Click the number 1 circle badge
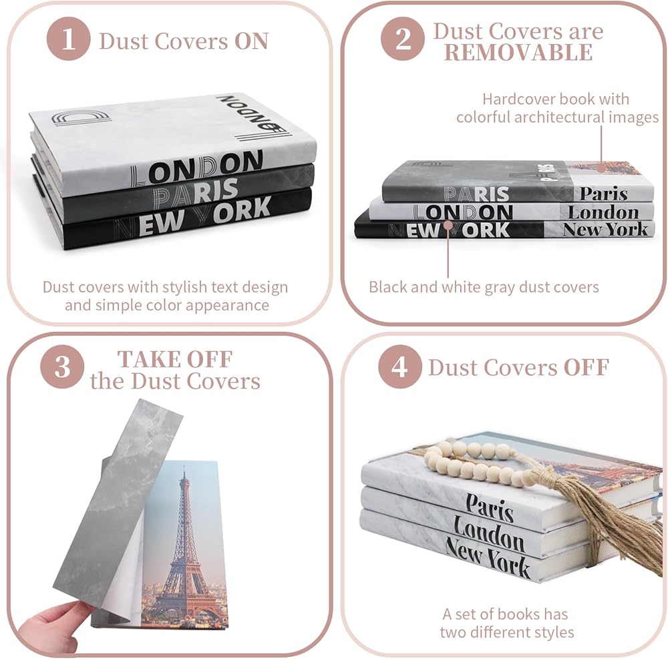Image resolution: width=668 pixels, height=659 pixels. [69, 40]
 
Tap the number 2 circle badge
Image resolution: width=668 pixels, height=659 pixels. [403, 40]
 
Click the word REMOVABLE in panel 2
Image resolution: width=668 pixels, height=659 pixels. [518, 53]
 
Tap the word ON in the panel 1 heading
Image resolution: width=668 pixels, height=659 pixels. [251, 41]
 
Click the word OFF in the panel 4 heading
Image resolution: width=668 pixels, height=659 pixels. [586, 367]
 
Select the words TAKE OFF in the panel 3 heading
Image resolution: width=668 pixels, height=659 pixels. [175, 359]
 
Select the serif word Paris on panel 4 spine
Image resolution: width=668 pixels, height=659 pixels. [490, 508]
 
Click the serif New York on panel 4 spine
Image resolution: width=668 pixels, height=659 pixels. [488, 558]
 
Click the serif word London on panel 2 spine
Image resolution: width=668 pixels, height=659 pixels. [603, 212]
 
